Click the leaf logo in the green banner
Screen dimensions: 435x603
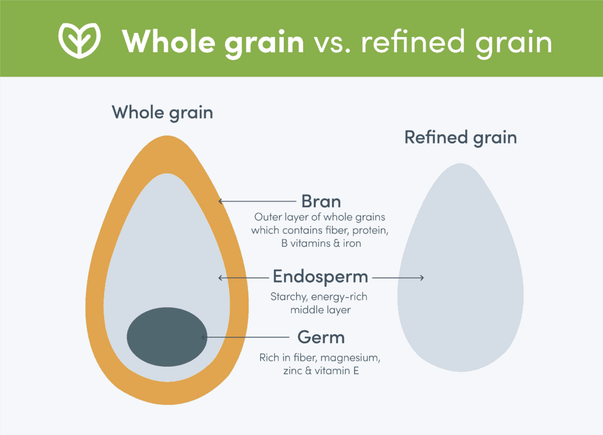(79, 38)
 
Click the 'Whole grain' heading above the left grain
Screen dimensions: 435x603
(163, 112)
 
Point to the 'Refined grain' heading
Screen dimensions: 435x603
(460, 138)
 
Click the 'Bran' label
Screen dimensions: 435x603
(321, 201)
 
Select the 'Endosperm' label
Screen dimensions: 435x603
(320, 277)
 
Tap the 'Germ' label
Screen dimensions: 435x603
(321, 337)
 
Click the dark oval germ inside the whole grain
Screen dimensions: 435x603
(167, 336)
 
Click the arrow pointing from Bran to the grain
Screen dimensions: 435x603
(257, 201)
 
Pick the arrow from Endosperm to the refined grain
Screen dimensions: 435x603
(398, 277)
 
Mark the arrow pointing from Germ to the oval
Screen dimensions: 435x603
(244, 337)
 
